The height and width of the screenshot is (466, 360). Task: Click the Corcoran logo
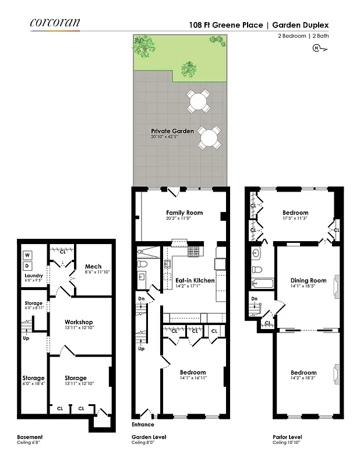tap(55, 23)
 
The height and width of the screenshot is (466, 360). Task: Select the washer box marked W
tap(27, 255)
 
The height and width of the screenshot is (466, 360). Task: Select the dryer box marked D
tap(27, 266)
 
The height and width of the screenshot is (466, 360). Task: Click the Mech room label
tap(93, 267)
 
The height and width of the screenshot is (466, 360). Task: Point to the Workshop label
tap(79, 322)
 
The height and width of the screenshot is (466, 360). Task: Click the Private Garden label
tap(172, 131)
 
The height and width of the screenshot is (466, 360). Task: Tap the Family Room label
tap(180, 213)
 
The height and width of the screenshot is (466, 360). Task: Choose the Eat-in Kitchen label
tap(195, 280)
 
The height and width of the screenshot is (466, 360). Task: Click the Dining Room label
tap(308, 281)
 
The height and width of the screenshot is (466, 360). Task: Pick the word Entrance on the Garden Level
tap(143, 424)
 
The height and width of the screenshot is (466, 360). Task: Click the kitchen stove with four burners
tap(193, 252)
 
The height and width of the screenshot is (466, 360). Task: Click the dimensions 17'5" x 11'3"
tap(295, 218)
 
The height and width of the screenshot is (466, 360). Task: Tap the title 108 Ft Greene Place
tap(225, 25)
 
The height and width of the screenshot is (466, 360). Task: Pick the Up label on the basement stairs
tap(26, 338)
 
